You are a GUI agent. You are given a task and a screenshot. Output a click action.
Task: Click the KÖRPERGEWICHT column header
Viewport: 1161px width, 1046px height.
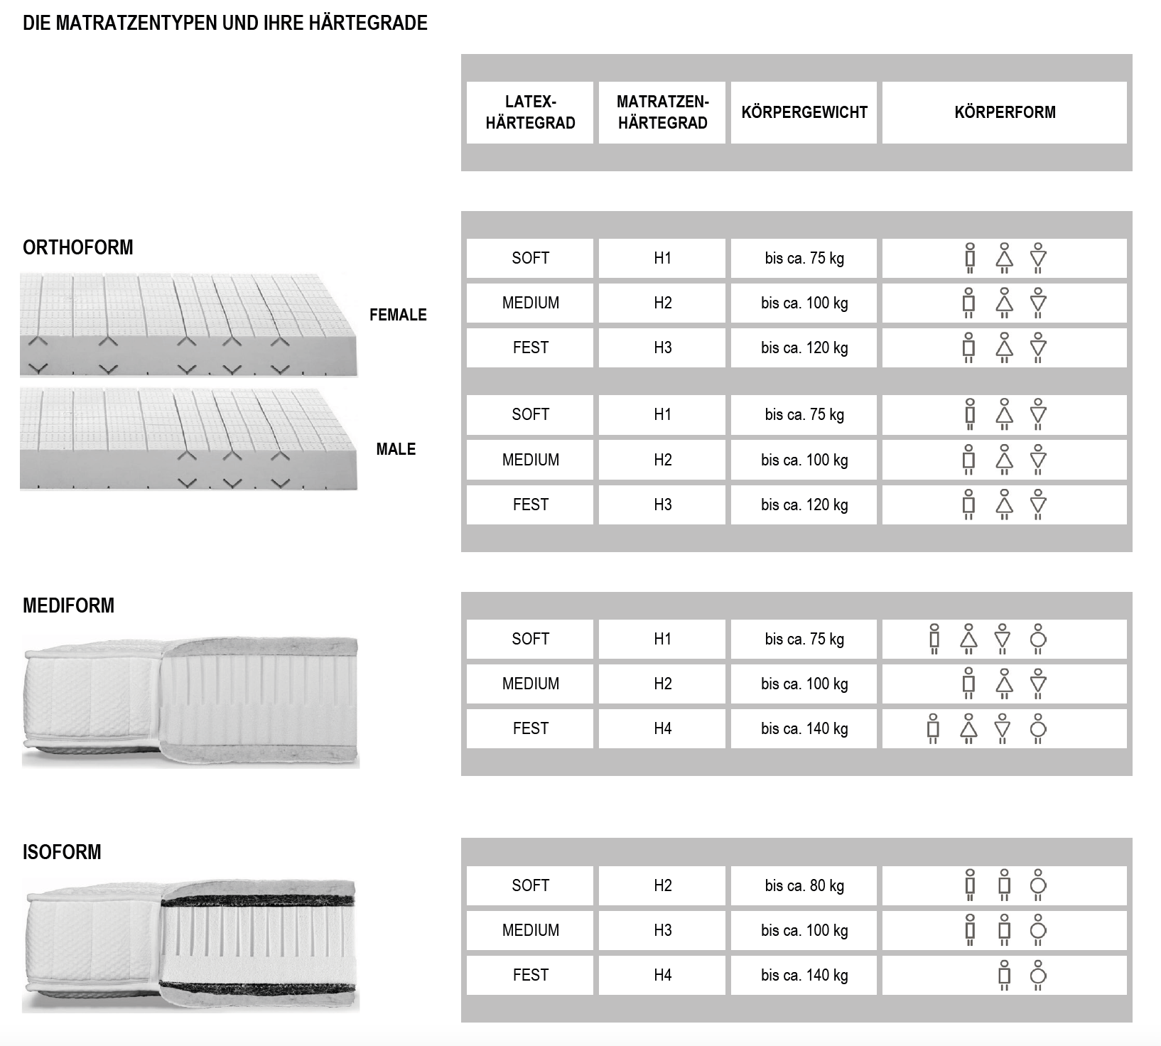(x=804, y=112)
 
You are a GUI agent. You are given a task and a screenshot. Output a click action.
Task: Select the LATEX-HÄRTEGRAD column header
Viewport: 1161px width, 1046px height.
(x=530, y=112)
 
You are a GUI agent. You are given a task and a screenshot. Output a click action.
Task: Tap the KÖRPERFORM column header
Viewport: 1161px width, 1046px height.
(x=1005, y=112)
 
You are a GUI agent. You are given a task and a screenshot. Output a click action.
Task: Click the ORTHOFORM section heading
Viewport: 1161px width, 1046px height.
(x=78, y=247)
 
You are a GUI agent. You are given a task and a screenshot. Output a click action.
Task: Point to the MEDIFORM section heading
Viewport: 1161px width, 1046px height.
(x=68, y=605)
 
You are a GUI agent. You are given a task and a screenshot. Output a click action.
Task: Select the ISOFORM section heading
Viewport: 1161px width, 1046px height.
(x=62, y=852)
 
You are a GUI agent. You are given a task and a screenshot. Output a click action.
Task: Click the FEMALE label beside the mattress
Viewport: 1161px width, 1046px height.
(x=398, y=315)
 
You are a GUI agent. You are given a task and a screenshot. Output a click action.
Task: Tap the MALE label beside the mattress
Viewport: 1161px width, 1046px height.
(x=396, y=449)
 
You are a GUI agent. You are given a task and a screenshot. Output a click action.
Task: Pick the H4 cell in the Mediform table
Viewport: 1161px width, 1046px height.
(x=662, y=728)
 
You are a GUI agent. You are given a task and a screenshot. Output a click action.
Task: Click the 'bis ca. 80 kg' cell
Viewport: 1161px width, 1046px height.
(x=804, y=885)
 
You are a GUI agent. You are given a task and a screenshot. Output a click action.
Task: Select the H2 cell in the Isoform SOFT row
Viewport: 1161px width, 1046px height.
(x=662, y=885)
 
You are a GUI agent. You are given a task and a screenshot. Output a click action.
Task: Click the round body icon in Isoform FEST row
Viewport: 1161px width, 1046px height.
(x=1038, y=974)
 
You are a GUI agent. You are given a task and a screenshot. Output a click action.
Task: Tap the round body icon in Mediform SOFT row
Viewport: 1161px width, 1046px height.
(x=1038, y=639)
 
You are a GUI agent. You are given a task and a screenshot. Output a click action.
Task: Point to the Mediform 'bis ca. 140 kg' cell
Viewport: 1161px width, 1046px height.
(x=804, y=728)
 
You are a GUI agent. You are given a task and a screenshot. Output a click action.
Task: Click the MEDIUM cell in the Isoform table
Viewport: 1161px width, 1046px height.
(x=530, y=930)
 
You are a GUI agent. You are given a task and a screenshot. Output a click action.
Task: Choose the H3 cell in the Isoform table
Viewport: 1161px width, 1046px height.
(x=662, y=930)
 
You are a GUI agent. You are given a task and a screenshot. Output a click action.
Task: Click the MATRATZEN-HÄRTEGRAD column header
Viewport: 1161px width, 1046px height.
(x=662, y=112)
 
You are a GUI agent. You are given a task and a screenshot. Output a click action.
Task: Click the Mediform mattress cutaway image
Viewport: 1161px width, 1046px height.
(x=190, y=702)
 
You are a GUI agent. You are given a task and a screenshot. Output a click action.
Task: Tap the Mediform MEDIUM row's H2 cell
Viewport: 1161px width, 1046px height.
(x=662, y=684)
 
